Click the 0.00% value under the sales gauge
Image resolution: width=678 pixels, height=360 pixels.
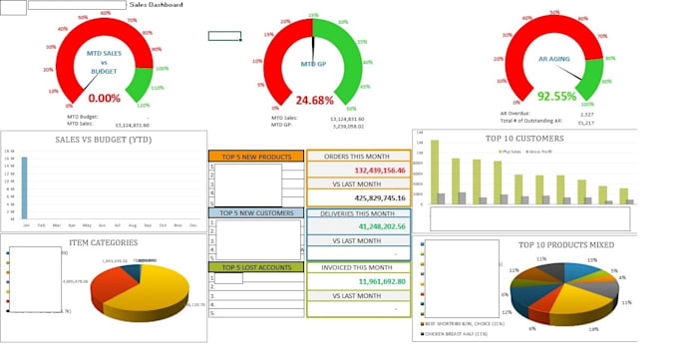105,99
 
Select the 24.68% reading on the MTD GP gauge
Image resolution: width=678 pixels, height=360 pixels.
315,100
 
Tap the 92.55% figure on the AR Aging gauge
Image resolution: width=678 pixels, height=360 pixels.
557,97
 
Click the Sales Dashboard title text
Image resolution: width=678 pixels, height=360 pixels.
157,5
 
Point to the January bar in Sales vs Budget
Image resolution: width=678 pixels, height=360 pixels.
24,187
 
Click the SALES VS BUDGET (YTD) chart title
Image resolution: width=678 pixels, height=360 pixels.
104,140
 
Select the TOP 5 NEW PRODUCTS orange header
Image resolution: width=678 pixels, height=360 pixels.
254,157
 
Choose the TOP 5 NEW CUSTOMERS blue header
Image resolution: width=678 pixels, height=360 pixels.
254,212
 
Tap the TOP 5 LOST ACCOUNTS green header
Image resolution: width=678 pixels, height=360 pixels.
254,267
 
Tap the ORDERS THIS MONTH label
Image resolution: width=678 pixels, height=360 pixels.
357,157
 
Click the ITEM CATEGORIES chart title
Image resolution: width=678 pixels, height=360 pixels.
104,242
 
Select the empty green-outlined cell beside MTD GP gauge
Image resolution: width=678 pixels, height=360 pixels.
224,36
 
